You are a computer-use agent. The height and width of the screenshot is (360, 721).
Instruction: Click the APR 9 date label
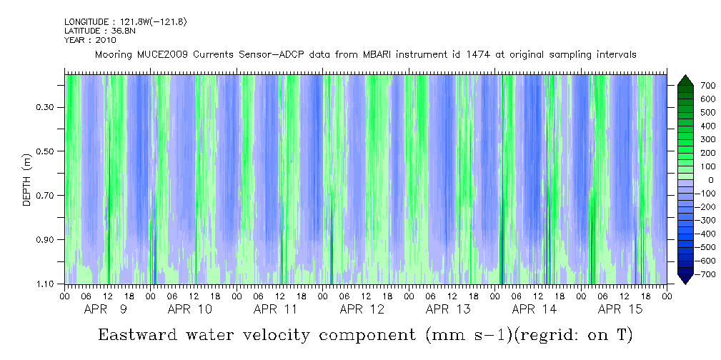pos(106,309)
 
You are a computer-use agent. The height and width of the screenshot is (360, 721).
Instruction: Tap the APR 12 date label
pos(362,309)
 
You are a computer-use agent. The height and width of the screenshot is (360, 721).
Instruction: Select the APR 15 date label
pos(620,309)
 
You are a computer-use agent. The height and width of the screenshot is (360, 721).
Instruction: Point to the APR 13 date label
pos(448,309)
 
